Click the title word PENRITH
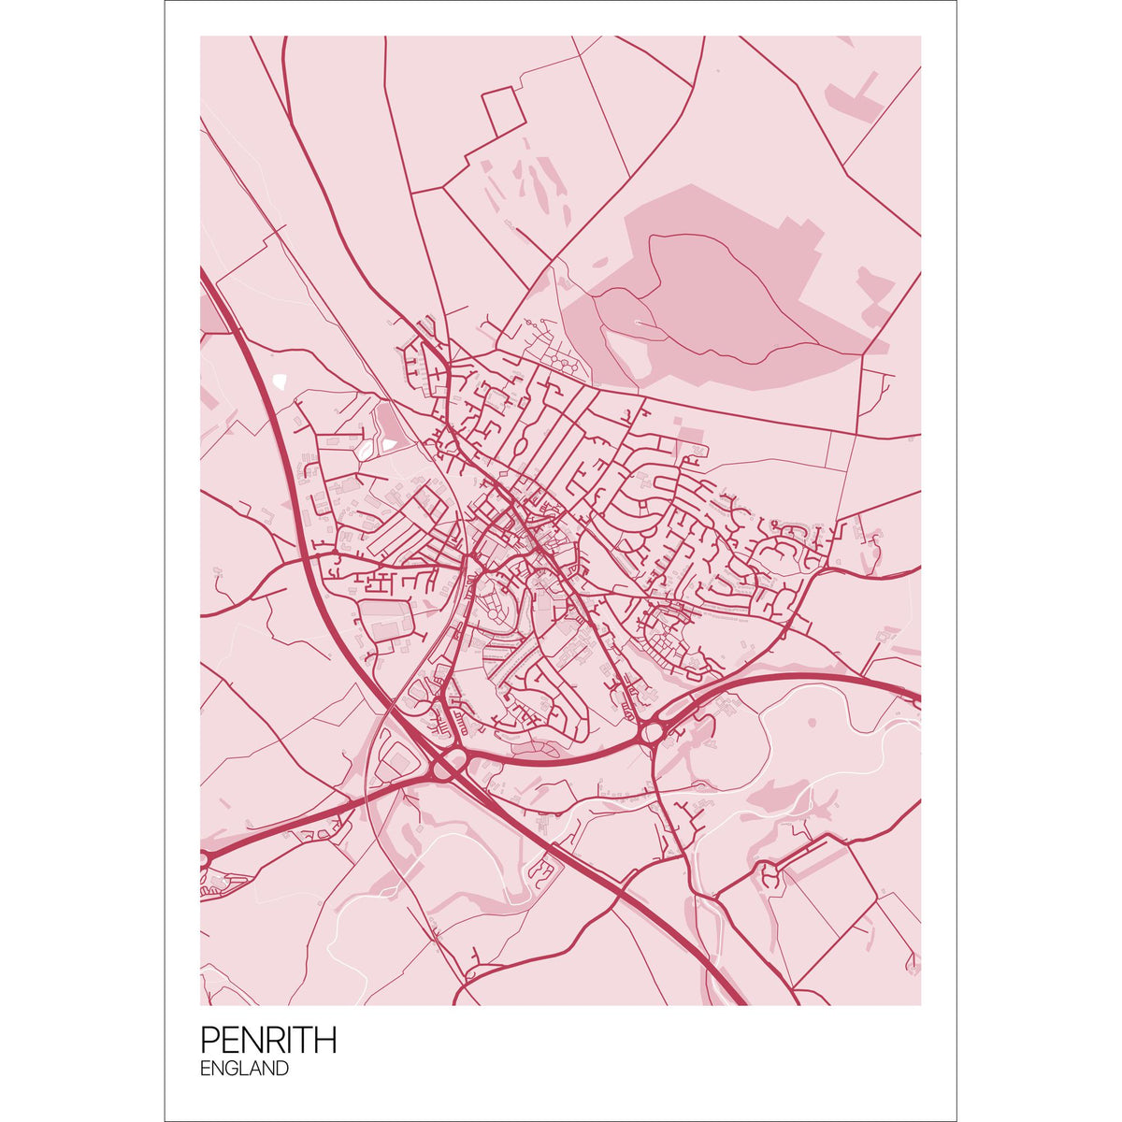(268, 1040)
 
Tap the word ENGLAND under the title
(244, 1069)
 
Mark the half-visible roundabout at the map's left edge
(203, 857)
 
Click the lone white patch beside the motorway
(280, 381)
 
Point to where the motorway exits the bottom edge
(740, 1000)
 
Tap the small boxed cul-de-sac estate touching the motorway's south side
(542, 870)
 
